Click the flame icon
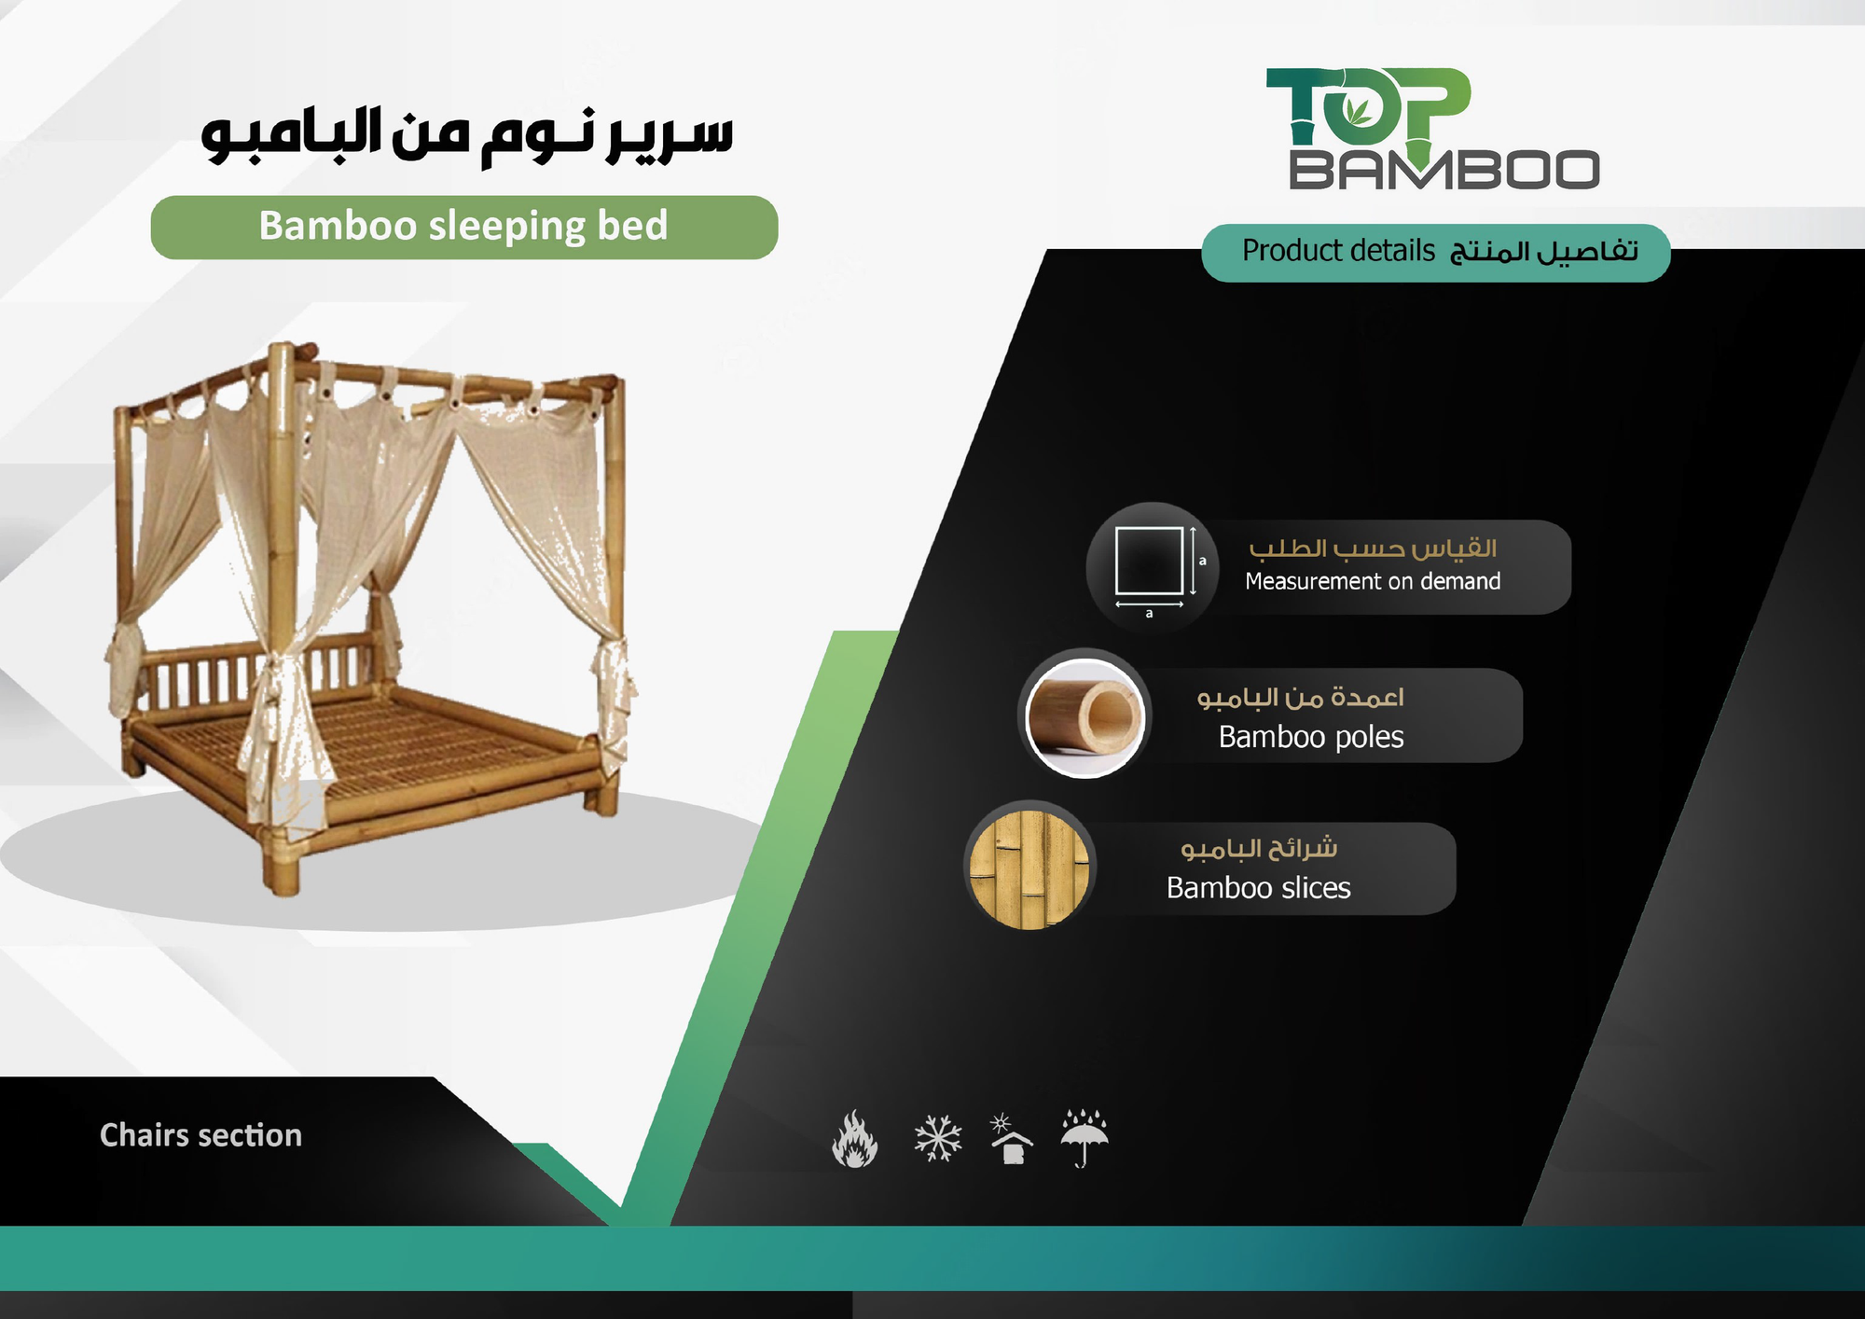(x=854, y=1138)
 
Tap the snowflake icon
(x=937, y=1138)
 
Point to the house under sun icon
(x=1010, y=1138)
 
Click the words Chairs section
(x=200, y=1135)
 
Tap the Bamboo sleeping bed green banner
(x=464, y=227)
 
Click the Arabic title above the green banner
(x=466, y=135)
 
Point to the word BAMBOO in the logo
(x=1444, y=169)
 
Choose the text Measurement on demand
(x=1373, y=581)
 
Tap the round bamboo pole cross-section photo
(x=1084, y=716)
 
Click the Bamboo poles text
(x=1310, y=737)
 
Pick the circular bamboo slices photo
(x=1029, y=869)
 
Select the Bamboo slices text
(x=1258, y=888)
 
